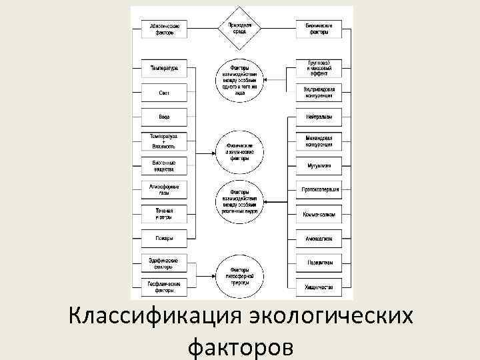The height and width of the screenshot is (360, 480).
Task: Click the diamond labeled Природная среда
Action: (x=240, y=29)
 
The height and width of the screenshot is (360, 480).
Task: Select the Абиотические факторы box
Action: (x=164, y=29)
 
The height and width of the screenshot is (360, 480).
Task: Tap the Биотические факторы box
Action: (x=319, y=29)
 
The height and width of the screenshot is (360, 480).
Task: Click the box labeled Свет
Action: (x=164, y=93)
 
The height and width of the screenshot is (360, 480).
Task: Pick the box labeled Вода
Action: (x=164, y=117)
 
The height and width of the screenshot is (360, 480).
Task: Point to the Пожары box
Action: (x=164, y=237)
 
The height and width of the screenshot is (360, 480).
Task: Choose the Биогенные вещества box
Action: (x=164, y=165)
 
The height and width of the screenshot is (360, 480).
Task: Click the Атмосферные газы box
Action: (x=164, y=189)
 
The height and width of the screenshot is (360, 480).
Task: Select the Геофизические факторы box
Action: (x=164, y=287)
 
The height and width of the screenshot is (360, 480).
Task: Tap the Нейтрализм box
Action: (x=319, y=117)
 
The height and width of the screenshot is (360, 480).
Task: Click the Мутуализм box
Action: (x=319, y=165)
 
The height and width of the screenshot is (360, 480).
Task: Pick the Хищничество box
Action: (x=319, y=287)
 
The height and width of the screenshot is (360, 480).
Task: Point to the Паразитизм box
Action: (x=319, y=263)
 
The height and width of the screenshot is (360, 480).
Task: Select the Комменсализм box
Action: (x=319, y=213)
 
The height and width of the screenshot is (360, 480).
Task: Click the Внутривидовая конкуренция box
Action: (x=319, y=93)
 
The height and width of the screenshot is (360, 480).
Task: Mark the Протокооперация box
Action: (x=319, y=189)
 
